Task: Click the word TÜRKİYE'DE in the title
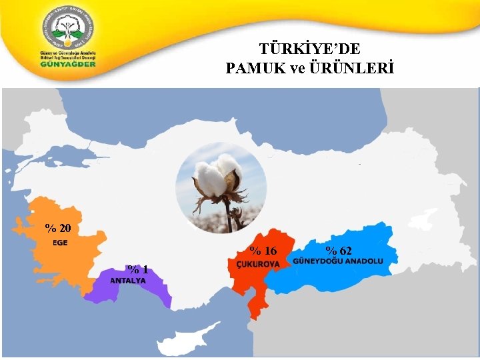309,49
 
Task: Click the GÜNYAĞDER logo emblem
67,28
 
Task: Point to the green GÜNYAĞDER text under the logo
67,64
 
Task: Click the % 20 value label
58,228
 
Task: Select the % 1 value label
138,269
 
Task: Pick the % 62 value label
339,251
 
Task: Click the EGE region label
60,242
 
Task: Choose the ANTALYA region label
128,281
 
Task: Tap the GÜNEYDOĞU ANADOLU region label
339,261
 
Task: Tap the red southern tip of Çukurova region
255,309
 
